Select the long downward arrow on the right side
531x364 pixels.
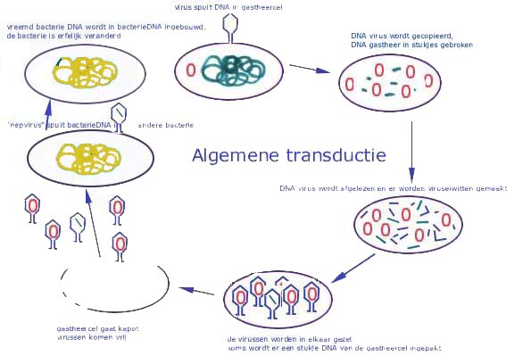411,147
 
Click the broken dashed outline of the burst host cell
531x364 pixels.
116,286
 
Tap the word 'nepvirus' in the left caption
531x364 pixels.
26,124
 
